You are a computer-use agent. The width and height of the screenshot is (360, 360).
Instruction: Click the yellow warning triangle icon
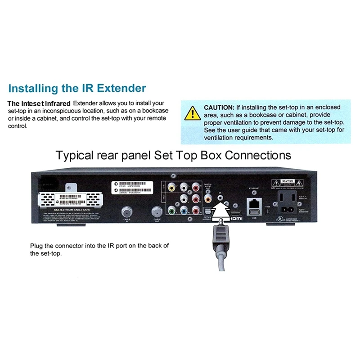click(x=192, y=112)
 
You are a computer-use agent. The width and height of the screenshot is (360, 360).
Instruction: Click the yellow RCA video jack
click(x=171, y=186)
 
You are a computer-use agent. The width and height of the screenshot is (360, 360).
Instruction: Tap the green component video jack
click(x=171, y=210)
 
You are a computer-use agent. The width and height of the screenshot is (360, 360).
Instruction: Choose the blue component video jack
click(x=183, y=210)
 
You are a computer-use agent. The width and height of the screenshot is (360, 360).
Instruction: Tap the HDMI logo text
click(x=236, y=218)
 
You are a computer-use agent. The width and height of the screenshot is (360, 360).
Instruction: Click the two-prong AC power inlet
click(x=288, y=209)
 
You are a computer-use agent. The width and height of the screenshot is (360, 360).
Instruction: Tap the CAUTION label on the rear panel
click(x=287, y=181)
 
